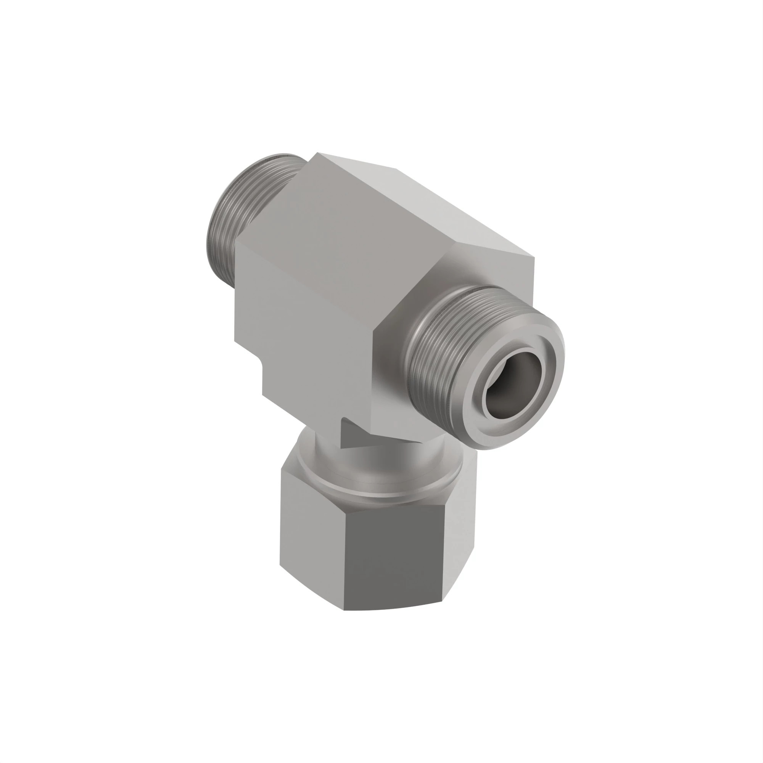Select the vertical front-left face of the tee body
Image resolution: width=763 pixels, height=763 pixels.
(300, 336)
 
